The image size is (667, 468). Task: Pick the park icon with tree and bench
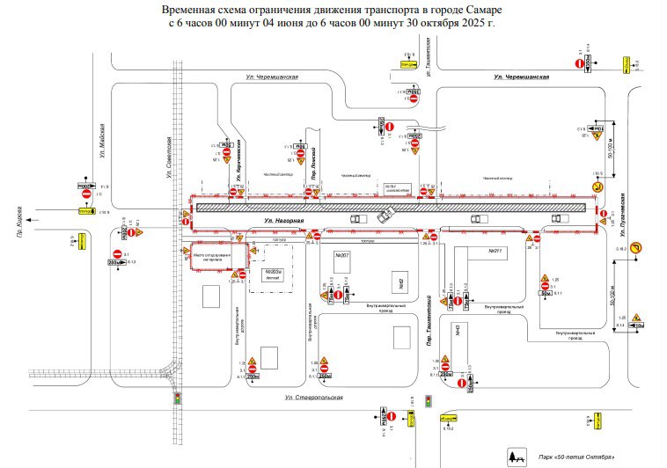click(514, 457)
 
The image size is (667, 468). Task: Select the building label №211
click(494, 252)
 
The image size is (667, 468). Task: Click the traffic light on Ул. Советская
click(179, 399)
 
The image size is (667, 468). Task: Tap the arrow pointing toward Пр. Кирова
click(35, 213)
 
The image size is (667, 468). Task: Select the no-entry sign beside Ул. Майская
click(87, 198)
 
